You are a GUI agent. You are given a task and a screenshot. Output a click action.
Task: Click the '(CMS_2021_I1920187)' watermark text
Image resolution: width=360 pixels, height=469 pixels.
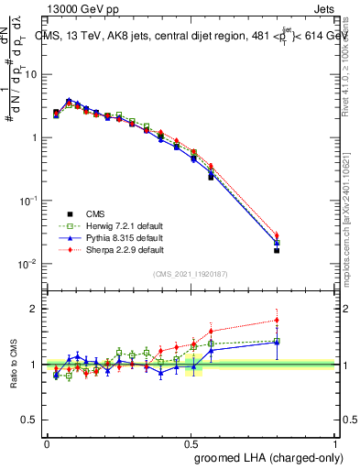(191, 275)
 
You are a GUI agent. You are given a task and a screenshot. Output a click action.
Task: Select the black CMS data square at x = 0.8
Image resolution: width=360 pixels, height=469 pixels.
(278, 250)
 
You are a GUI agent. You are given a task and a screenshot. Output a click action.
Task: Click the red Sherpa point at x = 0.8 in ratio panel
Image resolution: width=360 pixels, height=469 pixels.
(278, 321)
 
